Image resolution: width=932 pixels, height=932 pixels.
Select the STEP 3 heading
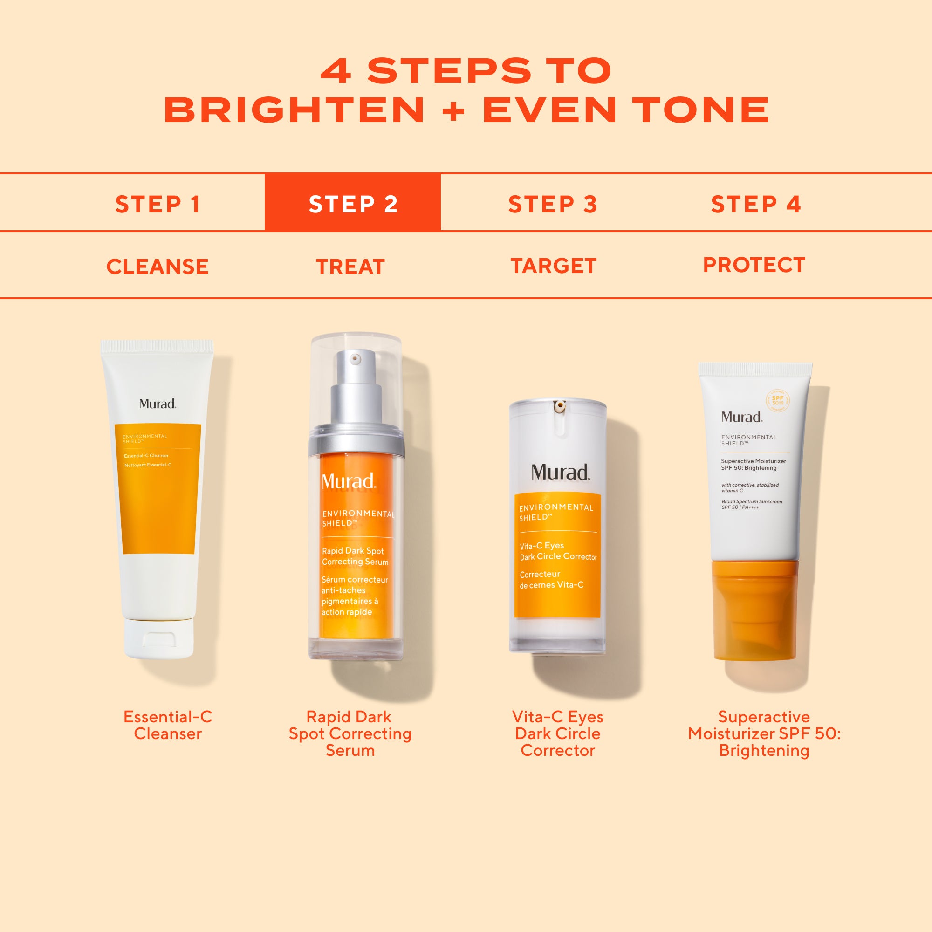point(553,204)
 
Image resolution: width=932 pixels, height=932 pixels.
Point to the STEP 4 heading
point(756,204)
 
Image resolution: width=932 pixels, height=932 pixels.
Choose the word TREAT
point(350,266)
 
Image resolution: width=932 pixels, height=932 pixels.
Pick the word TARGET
point(554,266)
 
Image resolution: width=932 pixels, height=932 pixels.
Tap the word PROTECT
point(754,265)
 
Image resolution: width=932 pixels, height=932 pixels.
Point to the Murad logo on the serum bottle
point(348,481)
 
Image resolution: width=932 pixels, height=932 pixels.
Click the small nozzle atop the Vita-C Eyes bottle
point(560,407)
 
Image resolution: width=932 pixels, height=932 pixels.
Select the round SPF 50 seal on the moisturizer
point(778,400)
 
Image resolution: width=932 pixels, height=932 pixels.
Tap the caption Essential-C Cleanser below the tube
point(167,725)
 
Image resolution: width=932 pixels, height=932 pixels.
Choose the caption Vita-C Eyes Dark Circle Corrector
point(558,733)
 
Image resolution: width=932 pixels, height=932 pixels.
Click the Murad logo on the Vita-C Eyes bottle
point(560,472)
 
